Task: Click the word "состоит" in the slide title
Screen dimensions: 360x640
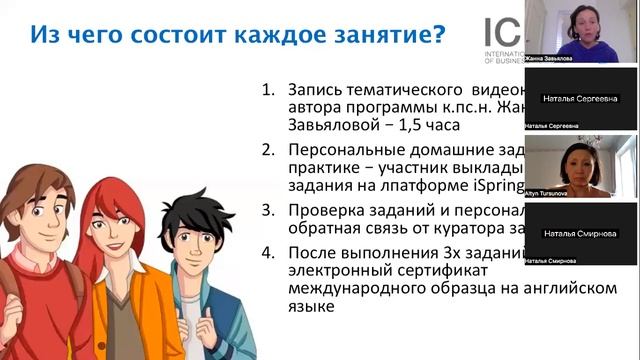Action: tap(179, 37)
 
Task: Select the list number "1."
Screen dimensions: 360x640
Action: tap(268, 91)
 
